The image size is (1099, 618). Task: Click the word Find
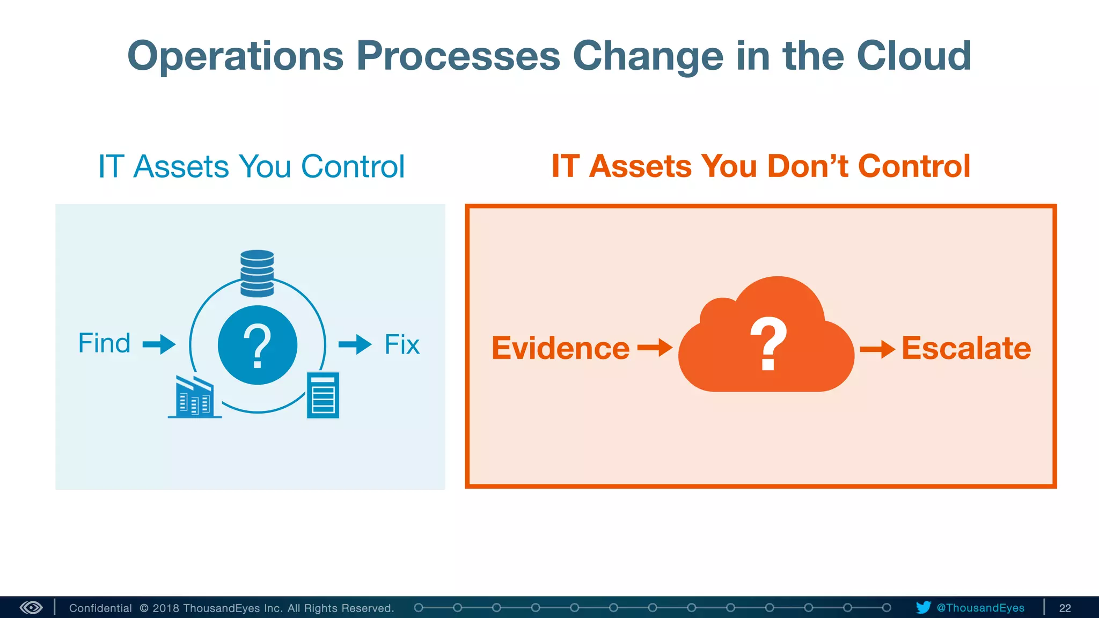pyautogui.click(x=104, y=343)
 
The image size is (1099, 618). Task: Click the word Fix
pyautogui.click(x=402, y=344)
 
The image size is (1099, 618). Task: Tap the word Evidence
pyautogui.click(x=560, y=348)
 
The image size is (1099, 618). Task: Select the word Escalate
pyautogui.click(x=966, y=348)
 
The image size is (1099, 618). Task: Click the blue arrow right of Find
pyautogui.click(x=159, y=344)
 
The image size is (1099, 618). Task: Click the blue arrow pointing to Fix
pyautogui.click(x=355, y=344)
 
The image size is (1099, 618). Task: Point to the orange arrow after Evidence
pyautogui.click(x=655, y=348)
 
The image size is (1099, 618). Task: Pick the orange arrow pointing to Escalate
pyautogui.click(x=877, y=349)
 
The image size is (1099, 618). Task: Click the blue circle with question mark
pyautogui.click(x=258, y=345)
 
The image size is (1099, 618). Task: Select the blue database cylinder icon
pyautogui.click(x=257, y=273)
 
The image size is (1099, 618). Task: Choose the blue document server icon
pyautogui.click(x=323, y=395)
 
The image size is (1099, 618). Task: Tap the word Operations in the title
pyautogui.click(x=235, y=56)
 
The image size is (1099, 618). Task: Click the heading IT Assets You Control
pyautogui.click(x=251, y=166)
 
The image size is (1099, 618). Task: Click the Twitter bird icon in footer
pyautogui.click(x=924, y=607)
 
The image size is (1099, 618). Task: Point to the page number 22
pyautogui.click(x=1065, y=608)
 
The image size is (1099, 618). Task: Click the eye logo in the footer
pyautogui.click(x=31, y=607)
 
